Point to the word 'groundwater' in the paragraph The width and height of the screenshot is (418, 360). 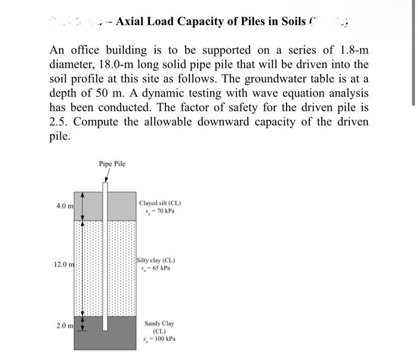pyautogui.click(x=279, y=79)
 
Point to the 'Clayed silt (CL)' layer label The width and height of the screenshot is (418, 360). pyautogui.click(x=159, y=203)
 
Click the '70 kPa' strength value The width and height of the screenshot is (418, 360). pyautogui.click(x=164, y=211)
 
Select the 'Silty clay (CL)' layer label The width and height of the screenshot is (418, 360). pyautogui.click(x=155, y=260)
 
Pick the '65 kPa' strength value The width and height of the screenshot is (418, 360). pyautogui.click(x=159, y=268)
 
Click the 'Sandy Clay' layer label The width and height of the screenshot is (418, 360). pyautogui.click(x=159, y=324)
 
